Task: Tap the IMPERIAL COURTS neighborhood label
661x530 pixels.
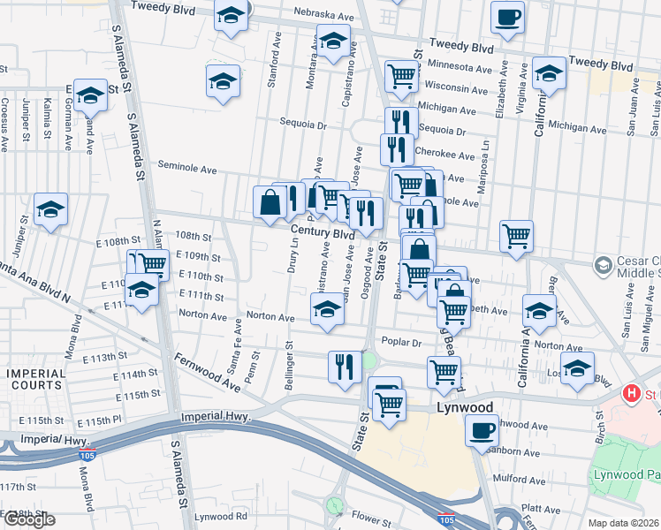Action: [x=36, y=379]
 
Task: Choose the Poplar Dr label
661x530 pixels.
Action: [x=399, y=342]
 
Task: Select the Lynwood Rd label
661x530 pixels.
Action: [x=220, y=516]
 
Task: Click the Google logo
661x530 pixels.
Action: [x=29, y=520]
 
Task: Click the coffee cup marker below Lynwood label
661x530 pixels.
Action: [x=482, y=430]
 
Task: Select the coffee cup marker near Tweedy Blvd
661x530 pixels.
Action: [x=507, y=17]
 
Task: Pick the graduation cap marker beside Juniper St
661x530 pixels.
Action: [x=50, y=208]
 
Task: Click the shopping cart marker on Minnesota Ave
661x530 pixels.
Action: [x=401, y=77]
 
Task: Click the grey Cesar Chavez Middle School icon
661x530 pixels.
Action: [x=603, y=264]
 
